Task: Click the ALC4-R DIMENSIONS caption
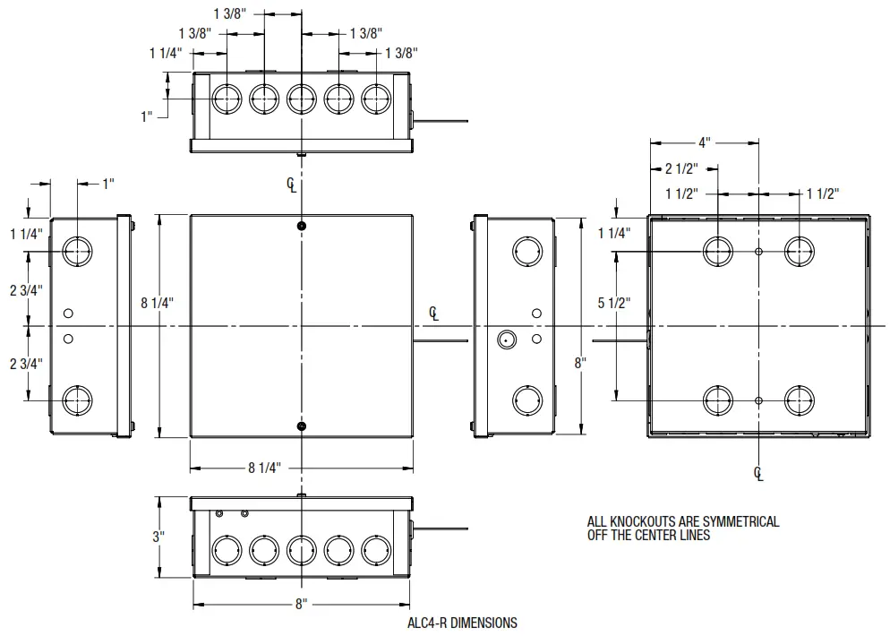[x=461, y=622]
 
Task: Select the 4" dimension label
[x=704, y=142]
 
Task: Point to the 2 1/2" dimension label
[x=680, y=168]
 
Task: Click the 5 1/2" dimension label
[x=615, y=303]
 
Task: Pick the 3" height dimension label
[x=158, y=537]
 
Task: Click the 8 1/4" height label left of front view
[x=158, y=302]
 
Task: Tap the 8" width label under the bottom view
[x=301, y=605]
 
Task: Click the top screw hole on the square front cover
[x=302, y=225]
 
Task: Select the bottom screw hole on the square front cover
[x=302, y=426]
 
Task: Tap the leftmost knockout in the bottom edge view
[x=226, y=549]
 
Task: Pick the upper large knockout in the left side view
[x=78, y=252]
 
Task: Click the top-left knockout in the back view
[x=718, y=252]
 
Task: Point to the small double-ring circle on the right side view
[x=507, y=339]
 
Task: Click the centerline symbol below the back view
[x=758, y=473]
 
